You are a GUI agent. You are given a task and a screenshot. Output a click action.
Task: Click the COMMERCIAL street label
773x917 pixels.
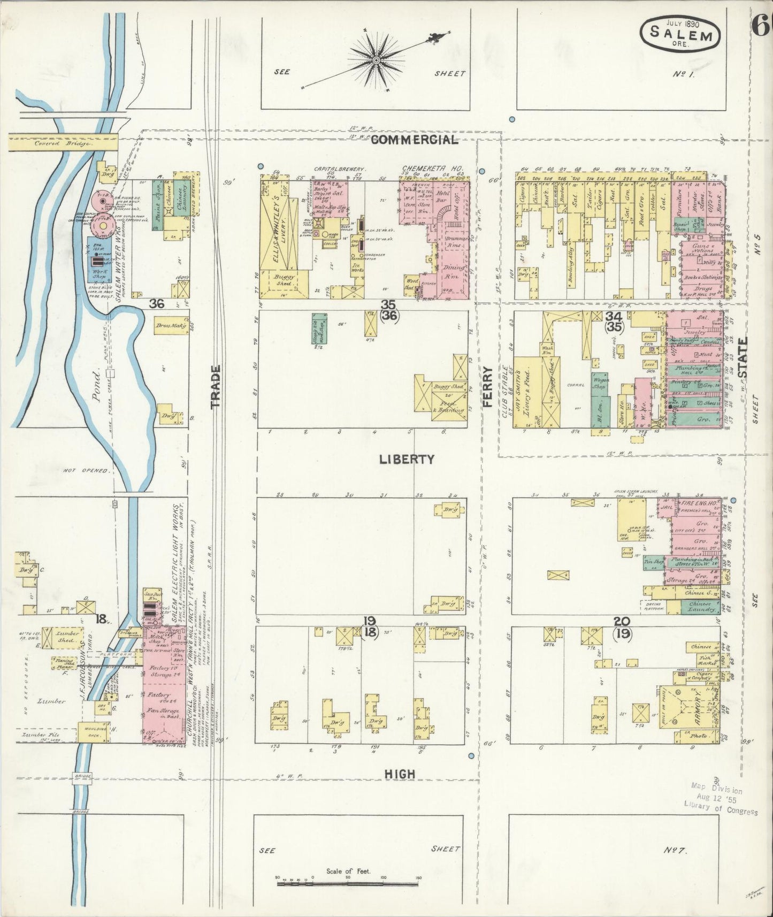(x=415, y=140)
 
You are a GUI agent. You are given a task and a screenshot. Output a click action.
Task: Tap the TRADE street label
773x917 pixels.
(x=216, y=387)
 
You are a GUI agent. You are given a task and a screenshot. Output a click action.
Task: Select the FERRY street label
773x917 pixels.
(x=487, y=387)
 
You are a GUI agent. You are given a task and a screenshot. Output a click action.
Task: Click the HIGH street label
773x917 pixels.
(x=400, y=774)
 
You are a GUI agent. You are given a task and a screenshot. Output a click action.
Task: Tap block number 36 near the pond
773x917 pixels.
(x=157, y=303)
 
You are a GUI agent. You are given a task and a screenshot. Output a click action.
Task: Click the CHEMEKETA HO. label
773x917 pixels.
(x=432, y=168)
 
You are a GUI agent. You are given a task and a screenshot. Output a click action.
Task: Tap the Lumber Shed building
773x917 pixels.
(x=64, y=636)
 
